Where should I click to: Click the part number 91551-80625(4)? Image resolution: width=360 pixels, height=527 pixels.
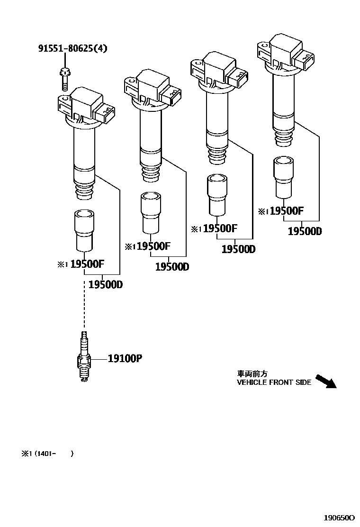pos(73,48)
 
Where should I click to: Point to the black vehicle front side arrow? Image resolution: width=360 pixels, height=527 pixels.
pos(325,381)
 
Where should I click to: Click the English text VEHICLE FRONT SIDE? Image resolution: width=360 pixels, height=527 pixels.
pos(274,382)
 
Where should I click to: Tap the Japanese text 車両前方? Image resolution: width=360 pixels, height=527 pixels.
pos(252,374)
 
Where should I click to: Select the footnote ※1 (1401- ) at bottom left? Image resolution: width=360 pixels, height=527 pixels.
pos(47,454)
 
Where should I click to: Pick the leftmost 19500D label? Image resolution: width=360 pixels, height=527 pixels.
pos(106,285)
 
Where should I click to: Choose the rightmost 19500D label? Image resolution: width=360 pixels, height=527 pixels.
pos(305,231)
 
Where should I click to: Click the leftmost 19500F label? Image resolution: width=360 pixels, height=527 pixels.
pos(87,264)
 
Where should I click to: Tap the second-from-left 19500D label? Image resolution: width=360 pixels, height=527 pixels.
pos(172,267)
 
